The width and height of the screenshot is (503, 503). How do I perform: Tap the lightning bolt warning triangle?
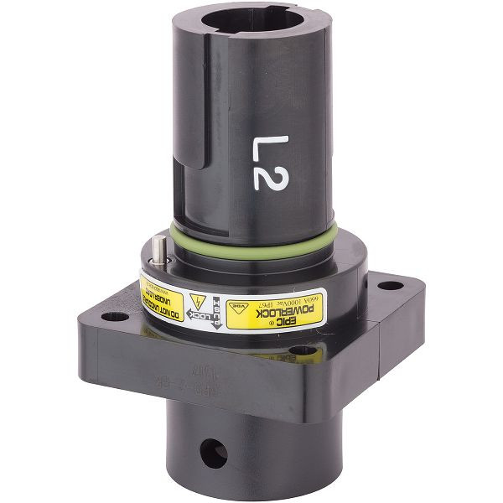199,303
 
